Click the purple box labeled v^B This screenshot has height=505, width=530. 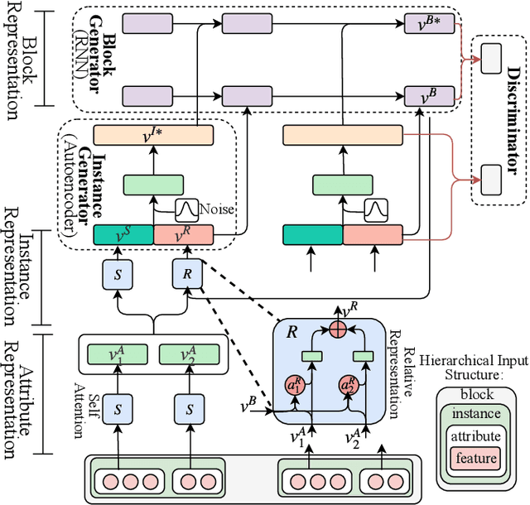click(x=429, y=98)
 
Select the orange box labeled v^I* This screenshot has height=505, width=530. click(x=153, y=134)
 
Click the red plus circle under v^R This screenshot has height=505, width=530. click(x=338, y=329)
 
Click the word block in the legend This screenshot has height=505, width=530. click(x=476, y=395)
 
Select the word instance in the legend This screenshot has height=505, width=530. click(x=476, y=414)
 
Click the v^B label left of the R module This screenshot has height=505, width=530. click(x=248, y=405)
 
